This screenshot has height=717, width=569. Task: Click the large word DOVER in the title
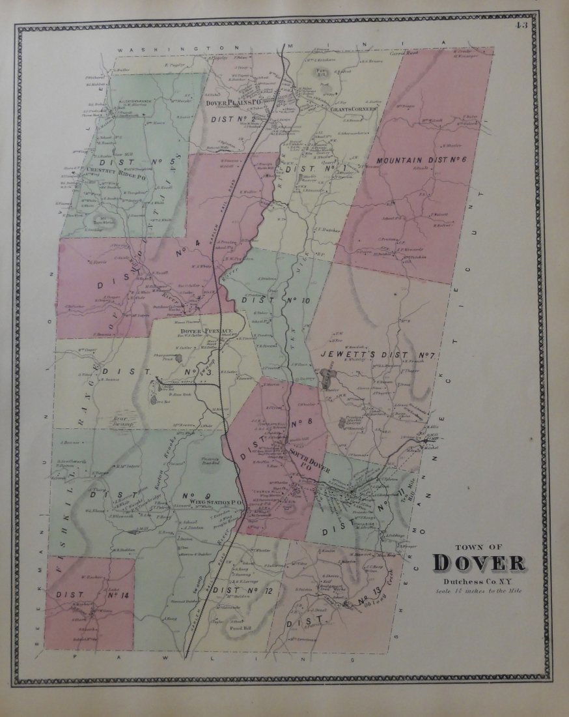(479, 563)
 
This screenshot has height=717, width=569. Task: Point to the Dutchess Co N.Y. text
(477, 581)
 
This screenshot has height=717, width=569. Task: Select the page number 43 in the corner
(521, 25)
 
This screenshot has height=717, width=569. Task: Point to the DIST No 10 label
(275, 300)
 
